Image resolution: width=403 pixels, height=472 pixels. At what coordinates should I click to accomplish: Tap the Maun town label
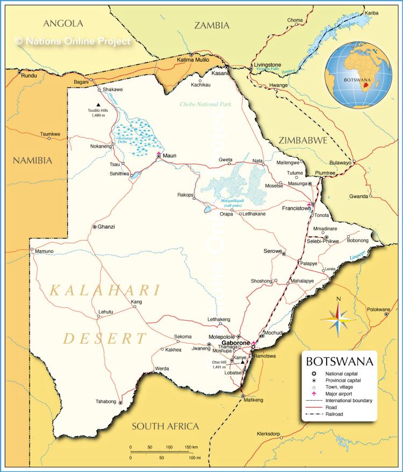coord(169,156)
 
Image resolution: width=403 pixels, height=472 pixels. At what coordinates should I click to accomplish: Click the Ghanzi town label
coord(106,227)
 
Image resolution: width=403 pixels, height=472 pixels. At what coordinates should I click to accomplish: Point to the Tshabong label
coord(105,401)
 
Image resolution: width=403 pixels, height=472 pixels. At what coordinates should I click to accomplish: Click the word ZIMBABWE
coord(303,140)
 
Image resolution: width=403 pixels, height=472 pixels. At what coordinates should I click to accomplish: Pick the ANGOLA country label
coord(63,23)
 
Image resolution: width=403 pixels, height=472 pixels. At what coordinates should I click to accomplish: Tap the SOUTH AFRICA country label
coord(165,426)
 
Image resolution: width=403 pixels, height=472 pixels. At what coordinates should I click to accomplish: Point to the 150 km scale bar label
coord(191,447)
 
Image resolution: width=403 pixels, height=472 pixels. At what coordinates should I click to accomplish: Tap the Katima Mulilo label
coord(192,60)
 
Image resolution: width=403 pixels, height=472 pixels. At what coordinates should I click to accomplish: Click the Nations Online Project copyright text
coord(73,40)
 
